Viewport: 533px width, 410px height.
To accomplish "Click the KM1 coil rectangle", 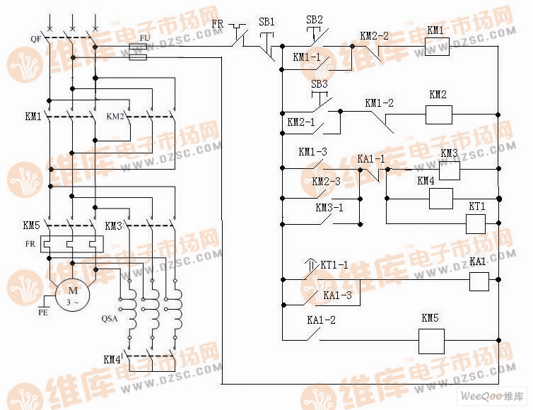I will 437,46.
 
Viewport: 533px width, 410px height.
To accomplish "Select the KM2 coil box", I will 438,114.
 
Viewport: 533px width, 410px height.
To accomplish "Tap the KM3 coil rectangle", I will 450,170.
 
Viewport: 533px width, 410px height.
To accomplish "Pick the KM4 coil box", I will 441,199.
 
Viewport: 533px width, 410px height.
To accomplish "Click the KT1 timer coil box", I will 476,224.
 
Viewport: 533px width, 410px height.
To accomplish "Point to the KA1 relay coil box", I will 480,281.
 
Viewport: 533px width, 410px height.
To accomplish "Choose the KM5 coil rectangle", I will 430,341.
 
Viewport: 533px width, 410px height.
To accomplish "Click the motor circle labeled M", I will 71,291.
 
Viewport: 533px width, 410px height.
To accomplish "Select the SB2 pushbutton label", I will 315,19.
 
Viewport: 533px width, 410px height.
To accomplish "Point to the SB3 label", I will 320,84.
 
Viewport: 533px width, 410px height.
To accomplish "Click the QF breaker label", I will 36,39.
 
